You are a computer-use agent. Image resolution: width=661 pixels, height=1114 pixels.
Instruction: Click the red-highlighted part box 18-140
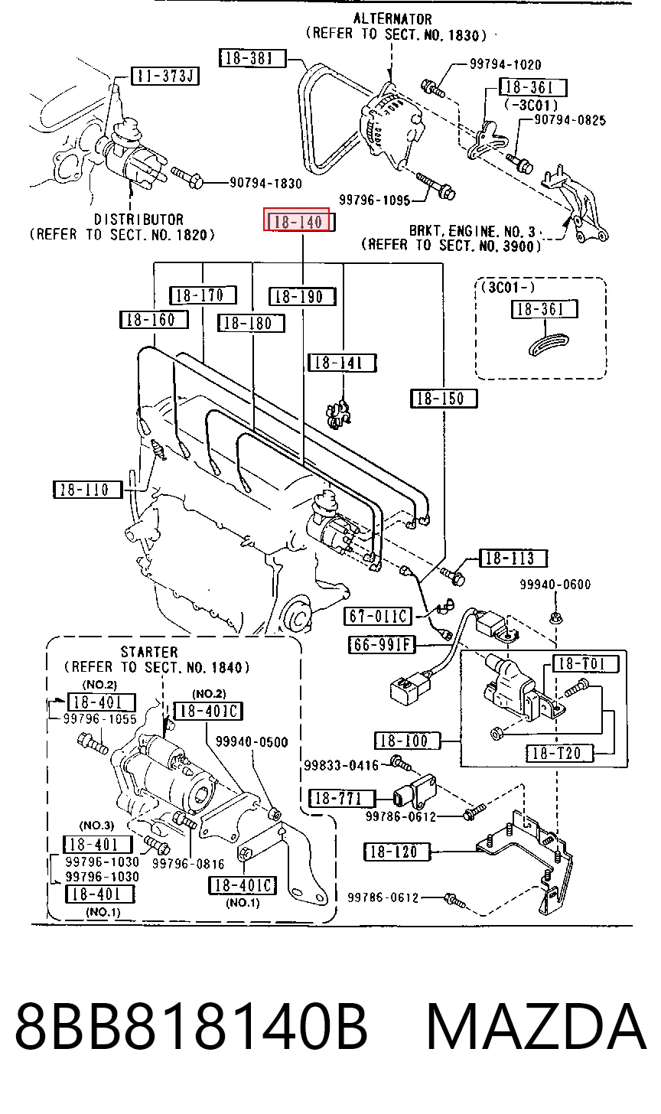296,220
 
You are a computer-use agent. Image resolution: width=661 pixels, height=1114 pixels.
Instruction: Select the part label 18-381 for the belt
252,58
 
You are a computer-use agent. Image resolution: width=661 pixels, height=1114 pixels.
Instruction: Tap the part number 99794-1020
506,64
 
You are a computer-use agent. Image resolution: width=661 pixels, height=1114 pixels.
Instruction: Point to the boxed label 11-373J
165,76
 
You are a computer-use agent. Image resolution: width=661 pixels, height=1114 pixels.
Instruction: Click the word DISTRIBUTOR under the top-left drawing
138,220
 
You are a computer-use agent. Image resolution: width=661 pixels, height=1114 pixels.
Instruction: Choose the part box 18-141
342,363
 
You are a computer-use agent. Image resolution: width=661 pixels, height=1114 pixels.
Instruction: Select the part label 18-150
444,399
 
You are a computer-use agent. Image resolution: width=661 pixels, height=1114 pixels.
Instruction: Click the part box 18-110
87,490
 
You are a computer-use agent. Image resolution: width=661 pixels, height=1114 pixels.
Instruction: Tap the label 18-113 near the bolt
513,558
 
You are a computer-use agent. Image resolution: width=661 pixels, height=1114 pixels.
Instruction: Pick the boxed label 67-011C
378,616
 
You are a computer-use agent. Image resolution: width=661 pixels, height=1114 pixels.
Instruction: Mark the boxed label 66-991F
382,645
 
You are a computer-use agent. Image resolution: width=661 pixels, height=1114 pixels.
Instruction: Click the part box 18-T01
586,663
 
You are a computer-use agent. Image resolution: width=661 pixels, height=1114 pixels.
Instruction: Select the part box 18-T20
560,753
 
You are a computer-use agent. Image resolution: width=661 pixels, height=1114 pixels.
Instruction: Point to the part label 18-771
342,798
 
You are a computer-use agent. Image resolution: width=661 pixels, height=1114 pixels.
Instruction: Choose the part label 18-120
397,852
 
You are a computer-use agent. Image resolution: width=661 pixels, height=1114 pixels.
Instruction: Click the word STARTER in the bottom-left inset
149,652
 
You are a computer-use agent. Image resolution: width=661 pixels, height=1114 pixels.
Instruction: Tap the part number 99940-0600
555,585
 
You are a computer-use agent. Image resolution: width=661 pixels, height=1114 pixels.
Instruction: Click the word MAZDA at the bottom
536,1027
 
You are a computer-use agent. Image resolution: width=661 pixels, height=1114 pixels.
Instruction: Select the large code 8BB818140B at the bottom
191,1027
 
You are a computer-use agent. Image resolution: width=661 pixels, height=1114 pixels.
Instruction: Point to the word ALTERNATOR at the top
392,19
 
